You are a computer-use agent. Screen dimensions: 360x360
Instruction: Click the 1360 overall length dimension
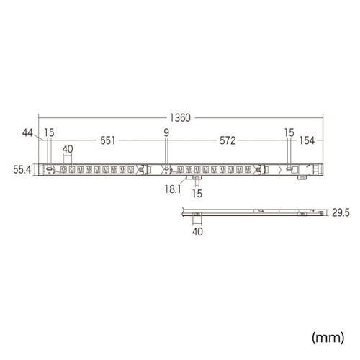180,118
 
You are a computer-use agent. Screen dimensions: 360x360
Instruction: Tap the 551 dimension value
108,140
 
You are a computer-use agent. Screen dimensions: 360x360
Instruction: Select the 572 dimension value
228,140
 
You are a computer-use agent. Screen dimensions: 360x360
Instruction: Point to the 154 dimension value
307,140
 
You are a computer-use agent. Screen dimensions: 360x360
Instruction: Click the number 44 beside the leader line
27,132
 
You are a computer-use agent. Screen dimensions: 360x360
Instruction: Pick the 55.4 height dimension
22,170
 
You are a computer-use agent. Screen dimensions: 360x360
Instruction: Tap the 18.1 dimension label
173,189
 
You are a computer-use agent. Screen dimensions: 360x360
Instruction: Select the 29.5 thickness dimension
341,212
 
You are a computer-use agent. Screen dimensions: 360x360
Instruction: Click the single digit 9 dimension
166,132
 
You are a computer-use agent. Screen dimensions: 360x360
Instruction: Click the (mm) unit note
328,337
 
